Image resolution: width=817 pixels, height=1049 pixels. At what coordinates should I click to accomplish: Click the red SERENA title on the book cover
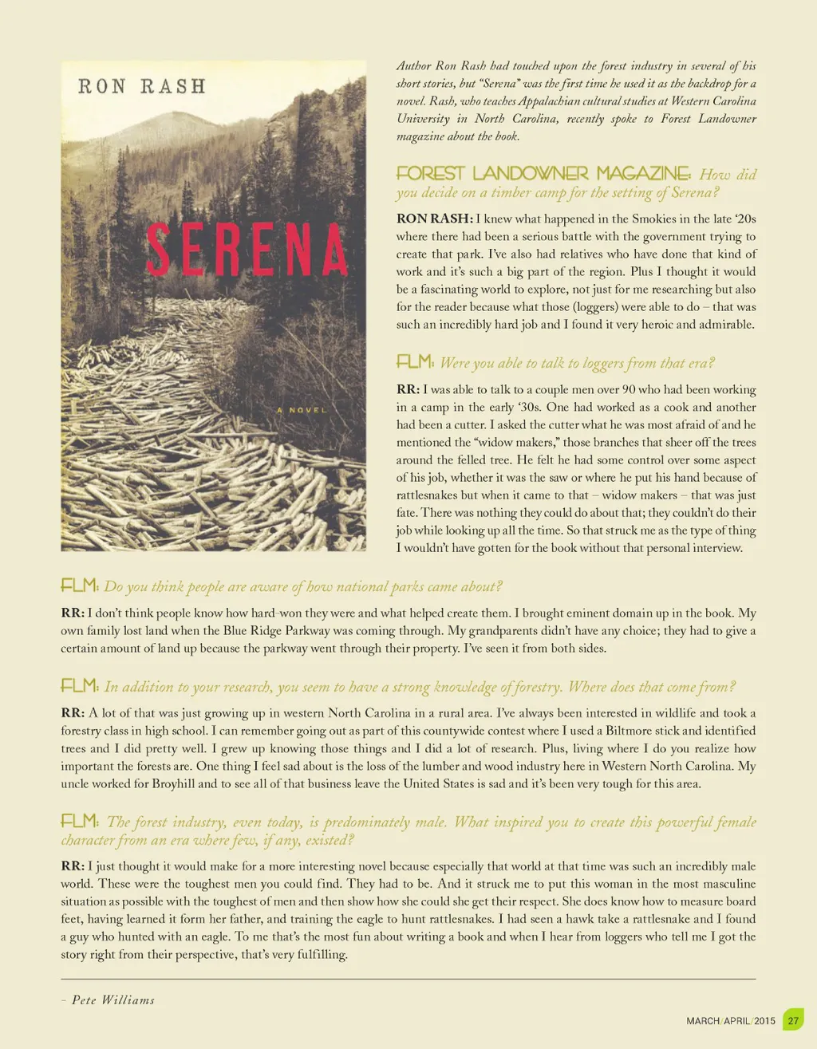[x=246, y=249]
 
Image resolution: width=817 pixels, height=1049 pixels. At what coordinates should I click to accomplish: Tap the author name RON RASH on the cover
[x=142, y=86]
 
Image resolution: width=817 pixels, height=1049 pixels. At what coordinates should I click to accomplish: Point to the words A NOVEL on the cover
[x=302, y=410]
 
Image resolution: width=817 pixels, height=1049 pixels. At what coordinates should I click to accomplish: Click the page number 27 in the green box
[x=793, y=1020]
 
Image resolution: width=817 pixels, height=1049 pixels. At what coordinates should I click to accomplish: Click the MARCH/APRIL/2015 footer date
[x=730, y=1021]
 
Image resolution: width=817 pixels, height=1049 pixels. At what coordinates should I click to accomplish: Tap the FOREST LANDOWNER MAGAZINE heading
[x=543, y=174]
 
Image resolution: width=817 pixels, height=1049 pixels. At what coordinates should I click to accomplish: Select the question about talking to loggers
[x=577, y=363]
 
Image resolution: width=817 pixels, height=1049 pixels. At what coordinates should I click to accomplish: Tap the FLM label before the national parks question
[x=80, y=586]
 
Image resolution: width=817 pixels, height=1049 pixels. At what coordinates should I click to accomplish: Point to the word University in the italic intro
[x=424, y=119]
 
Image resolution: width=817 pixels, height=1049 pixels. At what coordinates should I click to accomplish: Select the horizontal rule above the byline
[x=408, y=979]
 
